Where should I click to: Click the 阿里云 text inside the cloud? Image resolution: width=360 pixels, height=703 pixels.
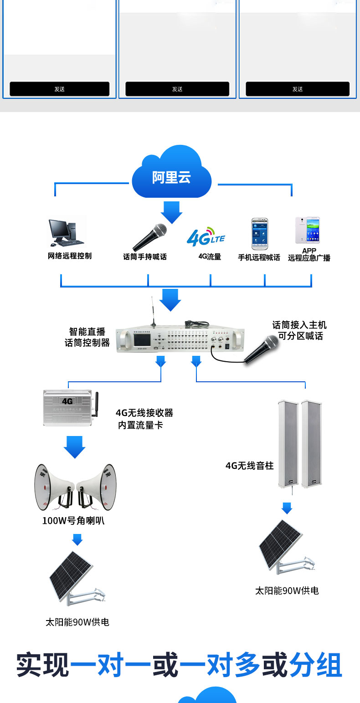tap(171, 177)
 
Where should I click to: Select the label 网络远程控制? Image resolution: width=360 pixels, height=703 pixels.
tap(70, 256)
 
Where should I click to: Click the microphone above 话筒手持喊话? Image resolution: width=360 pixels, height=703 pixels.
tap(149, 237)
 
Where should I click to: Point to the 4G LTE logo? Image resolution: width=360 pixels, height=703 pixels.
tap(206, 237)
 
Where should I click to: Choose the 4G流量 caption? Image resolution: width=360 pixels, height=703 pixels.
tap(210, 257)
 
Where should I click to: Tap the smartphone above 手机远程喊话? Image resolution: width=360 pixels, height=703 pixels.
tap(259, 234)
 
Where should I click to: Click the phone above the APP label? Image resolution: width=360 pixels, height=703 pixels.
tap(307, 231)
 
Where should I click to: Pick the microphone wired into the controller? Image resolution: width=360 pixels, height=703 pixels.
tap(262, 349)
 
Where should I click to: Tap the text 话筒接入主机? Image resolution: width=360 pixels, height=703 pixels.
tap(299, 325)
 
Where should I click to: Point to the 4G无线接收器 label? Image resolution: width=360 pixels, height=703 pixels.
tap(144, 413)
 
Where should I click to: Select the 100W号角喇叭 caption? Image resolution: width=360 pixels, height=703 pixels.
tap(73, 520)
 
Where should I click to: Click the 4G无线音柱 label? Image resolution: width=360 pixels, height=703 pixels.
tap(249, 466)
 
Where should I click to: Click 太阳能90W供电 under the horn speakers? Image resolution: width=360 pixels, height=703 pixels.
tap(77, 622)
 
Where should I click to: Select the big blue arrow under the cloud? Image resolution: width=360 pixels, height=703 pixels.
tap(171, 212)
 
